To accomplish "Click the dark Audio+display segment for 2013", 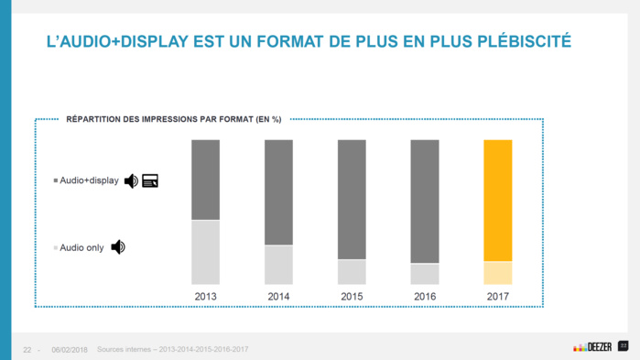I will [x=206, y=180].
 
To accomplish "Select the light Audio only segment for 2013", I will [x=206, y=252].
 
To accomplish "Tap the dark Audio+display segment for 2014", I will [x=279, y=192].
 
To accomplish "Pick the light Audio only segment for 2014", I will [x=279, y=265].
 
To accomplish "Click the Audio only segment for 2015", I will [x=353, y=272].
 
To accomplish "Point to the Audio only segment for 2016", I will [x=425, y=274].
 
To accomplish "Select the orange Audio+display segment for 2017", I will [x=498, y=201].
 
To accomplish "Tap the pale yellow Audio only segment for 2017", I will [x=498, y=273].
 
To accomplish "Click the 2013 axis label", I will [x=206, y=297].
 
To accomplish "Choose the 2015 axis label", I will [x=353, y=297].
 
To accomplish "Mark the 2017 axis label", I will [x=498, y=297].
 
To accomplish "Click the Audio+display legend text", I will [x=89, y=181].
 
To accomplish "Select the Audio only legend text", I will [x=81, y=247].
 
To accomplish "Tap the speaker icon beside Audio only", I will [x=118, y=247].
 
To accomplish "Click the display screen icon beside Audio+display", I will [x=150, y=181].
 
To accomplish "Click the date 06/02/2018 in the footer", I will [x=70, y=349].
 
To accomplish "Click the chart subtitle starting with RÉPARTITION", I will [x=174, y=119].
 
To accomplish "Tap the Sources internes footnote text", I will [x=172, y=349].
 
